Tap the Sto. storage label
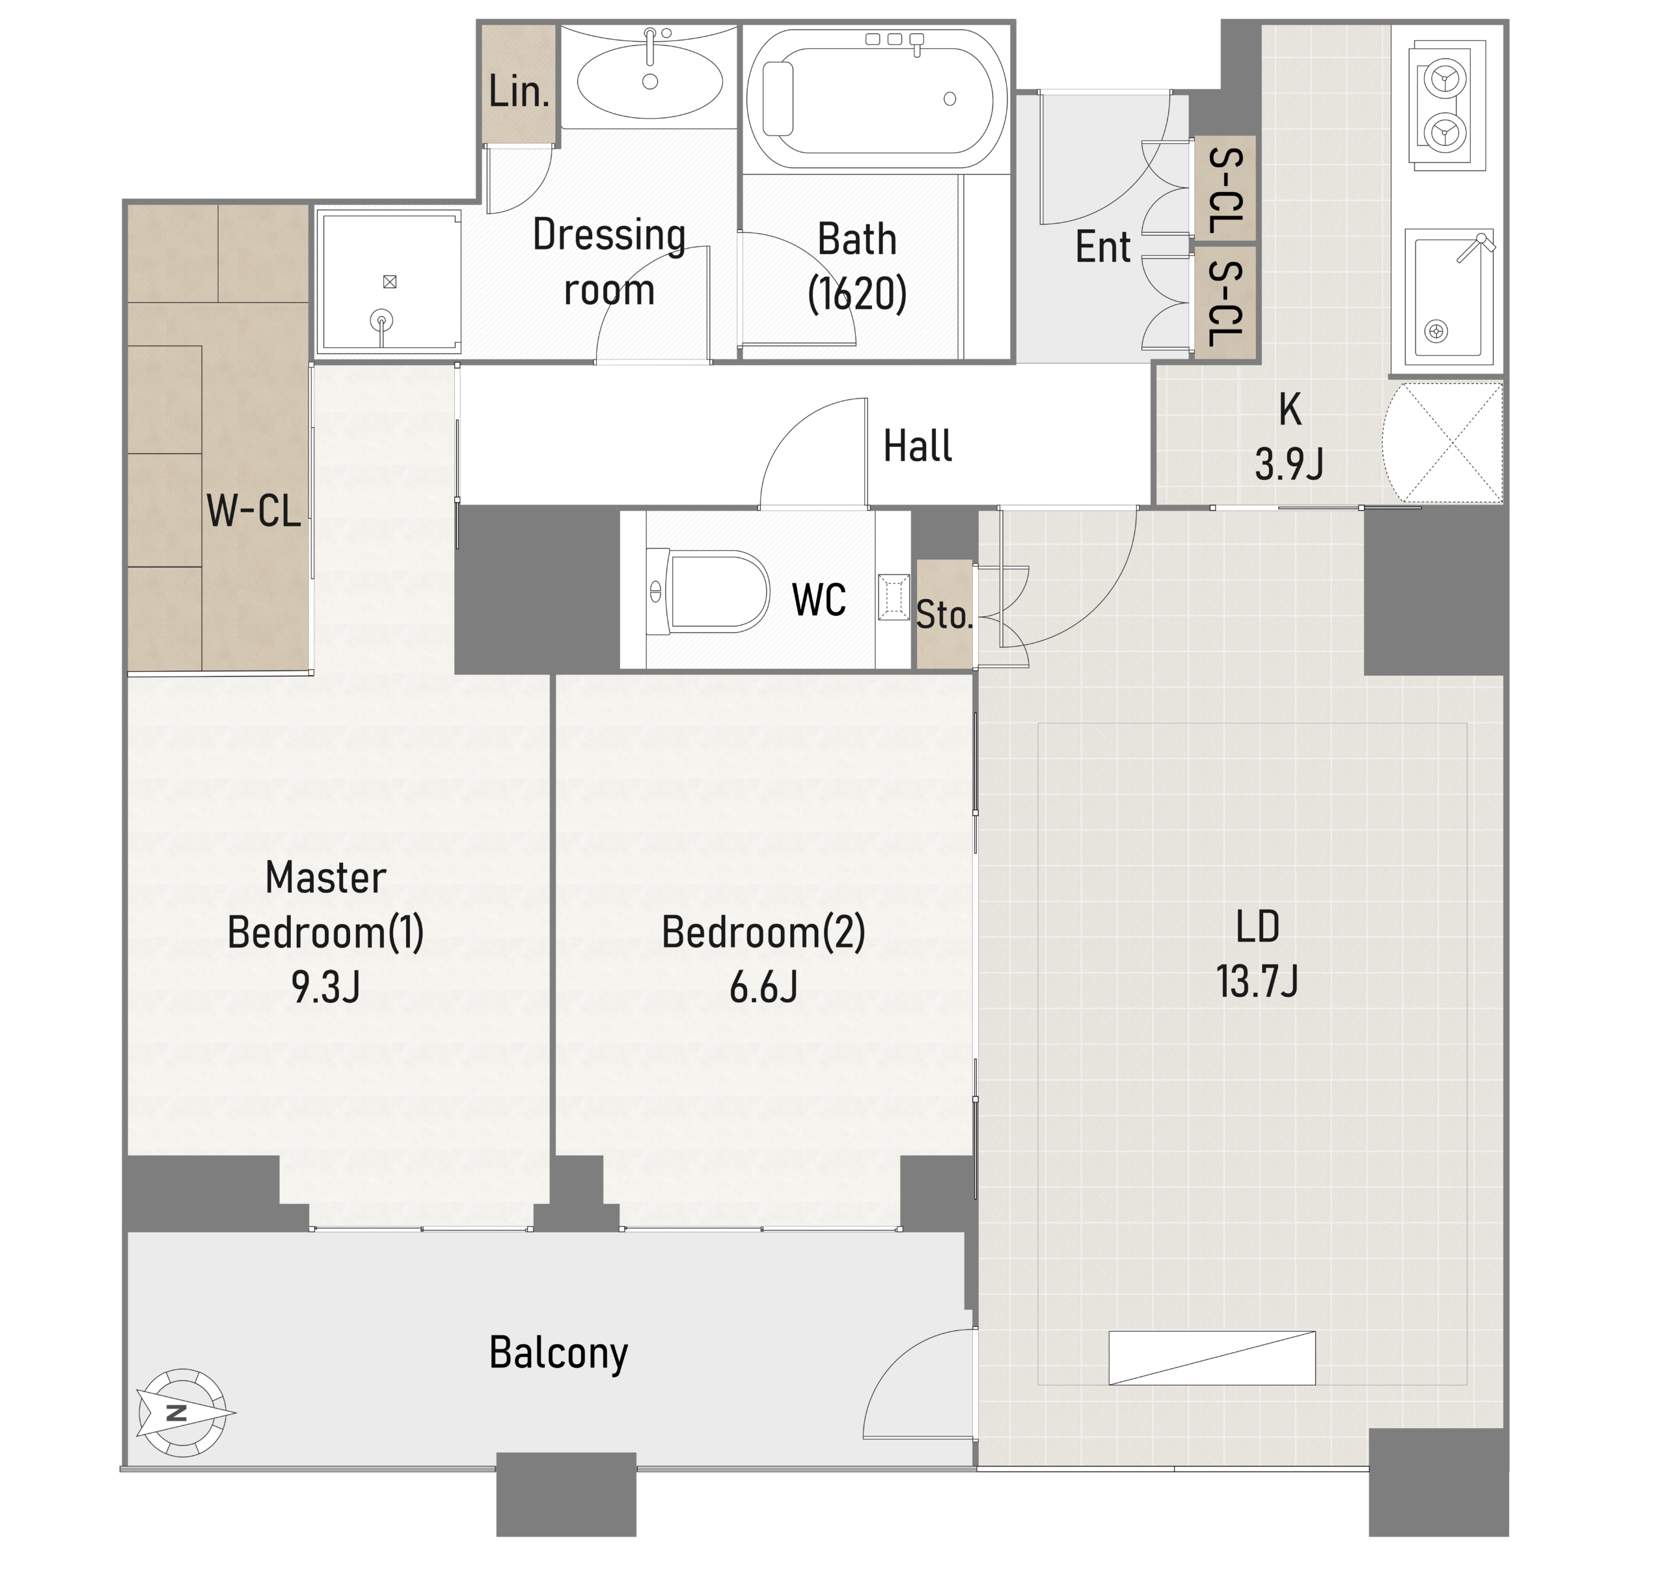tap(944, 615)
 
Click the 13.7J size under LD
tap(1257, 981)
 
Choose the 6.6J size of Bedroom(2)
tap(763, 987)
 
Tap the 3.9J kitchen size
tap(1289, 464)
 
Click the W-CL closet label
tap(253, 511)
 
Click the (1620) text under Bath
tap(857, 294)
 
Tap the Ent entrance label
tap(1102, 247)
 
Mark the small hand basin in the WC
tap(894, 597)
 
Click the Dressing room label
tap(608, 262)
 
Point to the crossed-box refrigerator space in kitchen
tap(1442, 442)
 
